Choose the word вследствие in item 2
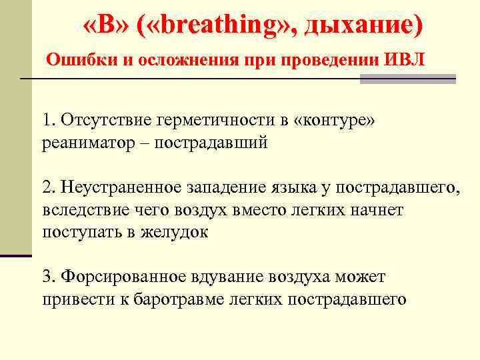pos(83,210)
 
